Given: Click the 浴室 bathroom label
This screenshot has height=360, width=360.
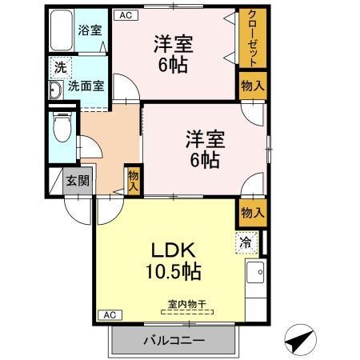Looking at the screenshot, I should click(90, 30).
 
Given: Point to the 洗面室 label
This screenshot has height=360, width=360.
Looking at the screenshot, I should click(86, 86).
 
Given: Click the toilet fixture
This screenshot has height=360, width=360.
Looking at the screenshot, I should click(60, 127).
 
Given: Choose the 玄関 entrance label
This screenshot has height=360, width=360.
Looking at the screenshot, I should click(78, 181).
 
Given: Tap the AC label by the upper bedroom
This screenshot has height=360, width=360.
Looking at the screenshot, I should click(124, 14).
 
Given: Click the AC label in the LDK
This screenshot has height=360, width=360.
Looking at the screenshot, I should click(110, 315).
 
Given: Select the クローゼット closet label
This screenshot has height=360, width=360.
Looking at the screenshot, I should click(252, 39).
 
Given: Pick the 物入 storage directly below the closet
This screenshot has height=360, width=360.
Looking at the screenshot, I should click(252, 86).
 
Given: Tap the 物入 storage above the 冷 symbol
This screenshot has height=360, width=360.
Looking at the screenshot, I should click(252, 212).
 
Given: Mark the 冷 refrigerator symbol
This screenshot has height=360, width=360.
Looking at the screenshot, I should click(244, 240).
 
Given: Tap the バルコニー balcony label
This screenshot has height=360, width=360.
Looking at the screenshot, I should click(174, 340).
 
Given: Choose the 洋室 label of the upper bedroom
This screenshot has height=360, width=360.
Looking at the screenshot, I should click(173, 44).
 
